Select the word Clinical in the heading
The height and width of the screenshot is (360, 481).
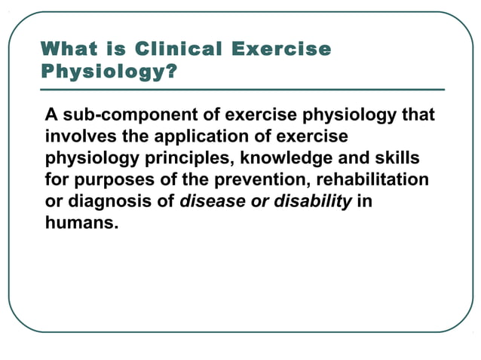(178, 50)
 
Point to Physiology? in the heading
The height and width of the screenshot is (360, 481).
(109, 73)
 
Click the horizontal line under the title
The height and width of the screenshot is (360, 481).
(241, 90)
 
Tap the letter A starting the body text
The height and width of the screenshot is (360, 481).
(51, 116)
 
